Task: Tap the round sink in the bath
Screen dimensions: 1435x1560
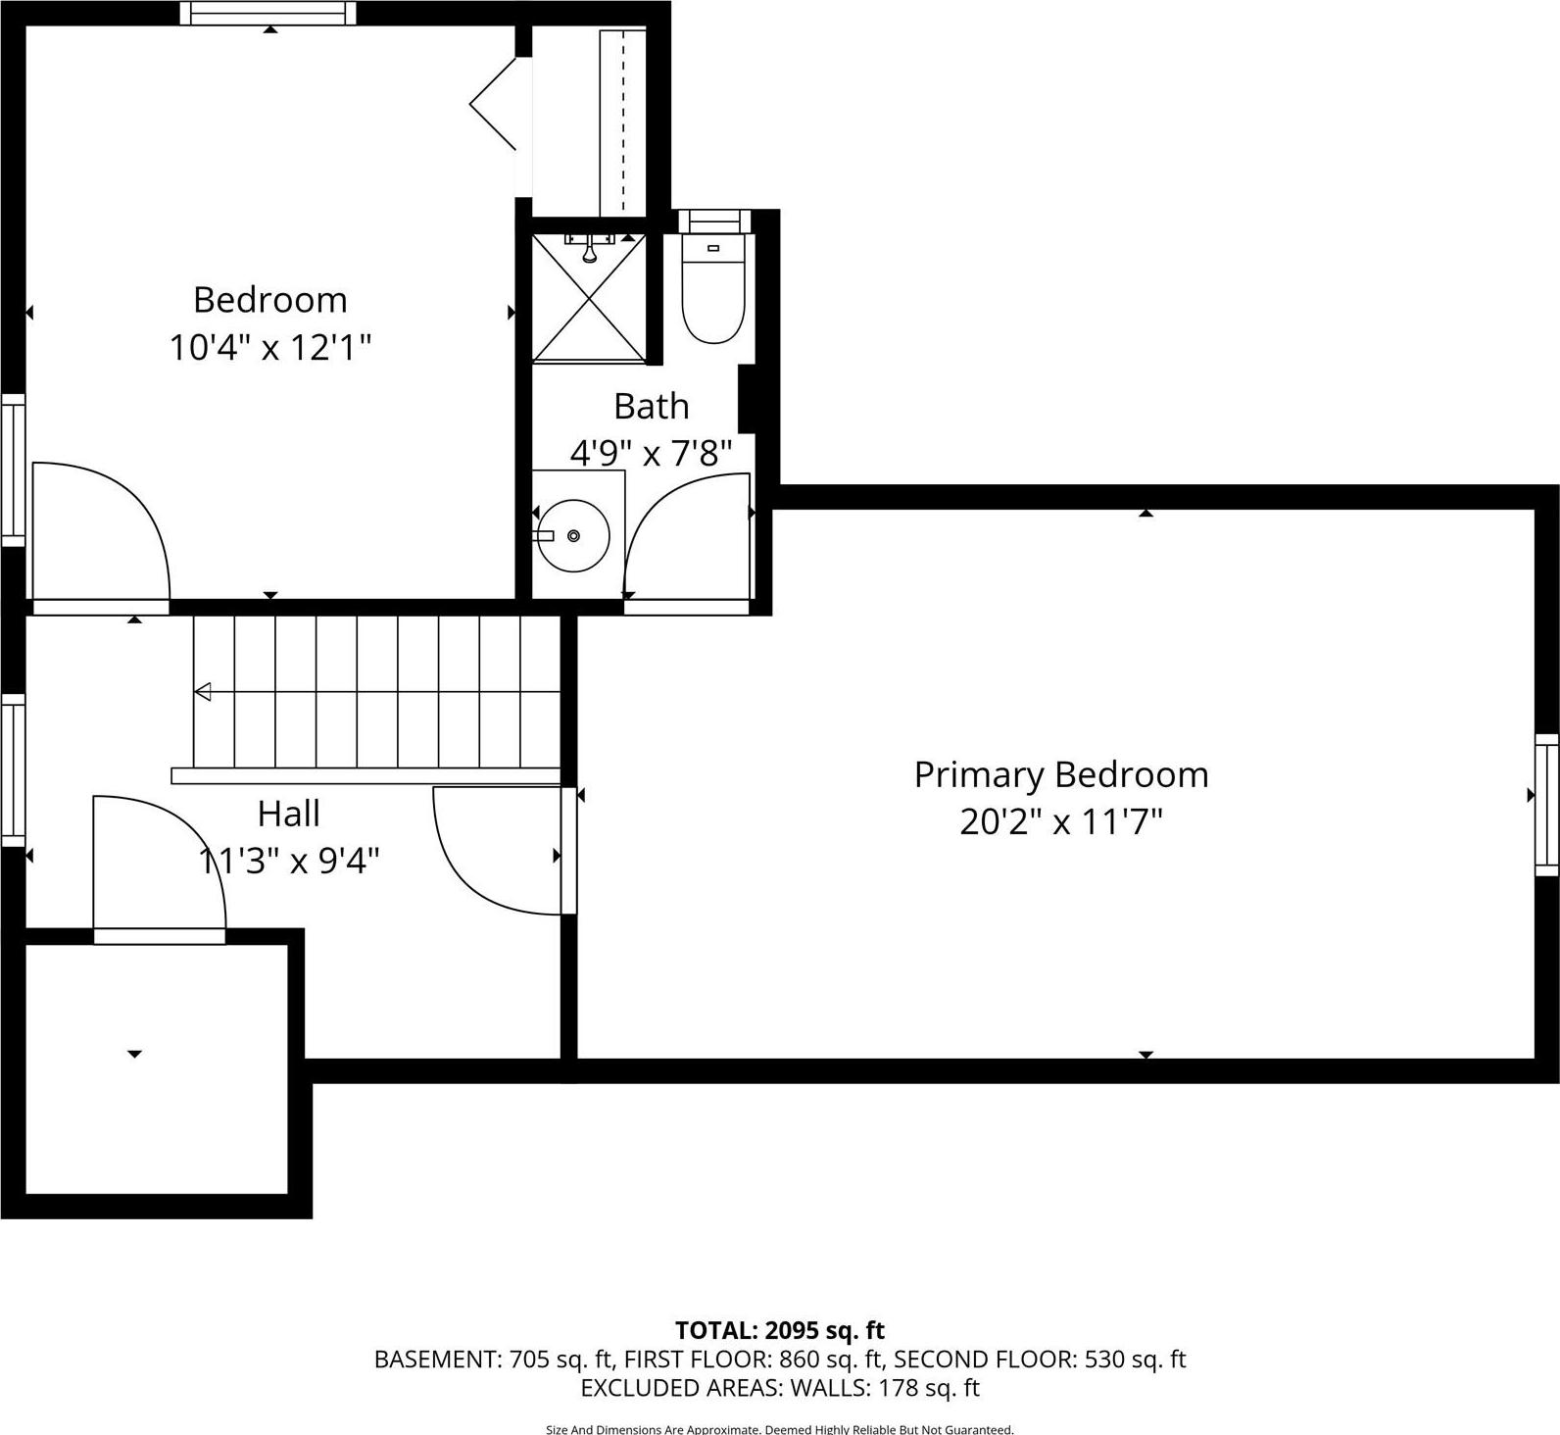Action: [x=573, y=535]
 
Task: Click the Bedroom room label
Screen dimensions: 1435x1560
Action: [x=269, y=300]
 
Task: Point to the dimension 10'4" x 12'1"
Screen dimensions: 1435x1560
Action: [x=270, y=347]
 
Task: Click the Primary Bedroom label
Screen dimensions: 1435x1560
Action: [x=1060, y=774]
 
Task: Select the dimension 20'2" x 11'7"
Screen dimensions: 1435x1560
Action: [x=1060, y=821]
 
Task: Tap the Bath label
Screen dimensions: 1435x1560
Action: [x=651, y=406]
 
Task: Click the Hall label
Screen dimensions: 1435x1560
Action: [x=288, y=814]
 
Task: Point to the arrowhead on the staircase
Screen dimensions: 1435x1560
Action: [x=203, y=692]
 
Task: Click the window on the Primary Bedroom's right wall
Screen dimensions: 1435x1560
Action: [x=1546, y=804]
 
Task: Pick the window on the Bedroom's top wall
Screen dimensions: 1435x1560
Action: [x=268, y=13]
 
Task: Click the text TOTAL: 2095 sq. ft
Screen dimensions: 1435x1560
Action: [x=779, y=1330]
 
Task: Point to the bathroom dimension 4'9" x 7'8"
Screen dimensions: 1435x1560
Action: [x=651, y=453]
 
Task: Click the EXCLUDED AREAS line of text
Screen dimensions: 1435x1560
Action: [x=779, y=1388]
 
